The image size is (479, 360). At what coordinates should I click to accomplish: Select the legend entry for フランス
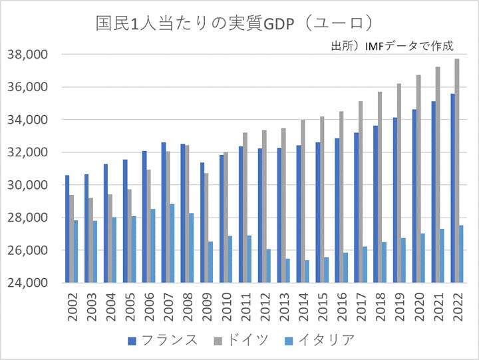[163, 340]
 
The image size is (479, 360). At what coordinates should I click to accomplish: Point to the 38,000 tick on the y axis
[31, 55]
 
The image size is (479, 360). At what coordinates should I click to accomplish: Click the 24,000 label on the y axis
[31, 283]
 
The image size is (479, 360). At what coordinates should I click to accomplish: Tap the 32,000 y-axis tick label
[31, 152]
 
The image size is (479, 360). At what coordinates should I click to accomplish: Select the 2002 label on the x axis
[72, 305]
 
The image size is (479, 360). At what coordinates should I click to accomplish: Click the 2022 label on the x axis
[456, 305]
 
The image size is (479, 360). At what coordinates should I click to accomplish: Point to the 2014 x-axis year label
[303, 305]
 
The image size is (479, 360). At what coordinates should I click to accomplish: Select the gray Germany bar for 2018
[380, 187]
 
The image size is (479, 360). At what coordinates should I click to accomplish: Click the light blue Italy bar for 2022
[462, 254]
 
